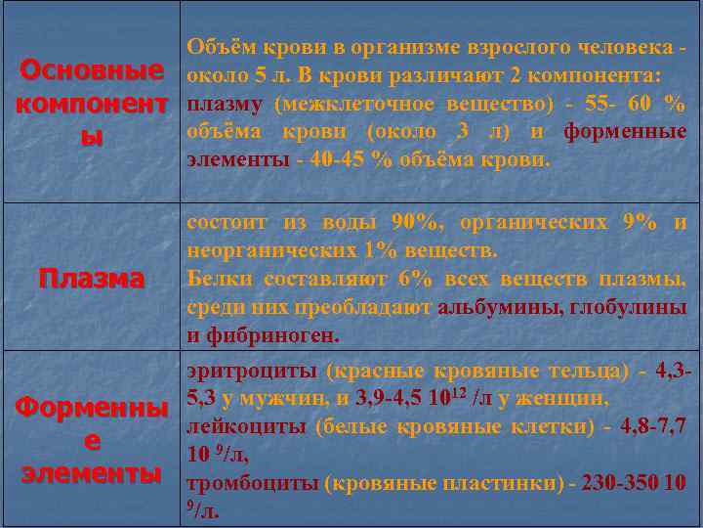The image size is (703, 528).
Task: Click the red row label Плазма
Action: click(91, 280)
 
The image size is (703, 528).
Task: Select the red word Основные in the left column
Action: click(91, 71)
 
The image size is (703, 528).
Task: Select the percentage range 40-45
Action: click(338, 159)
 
